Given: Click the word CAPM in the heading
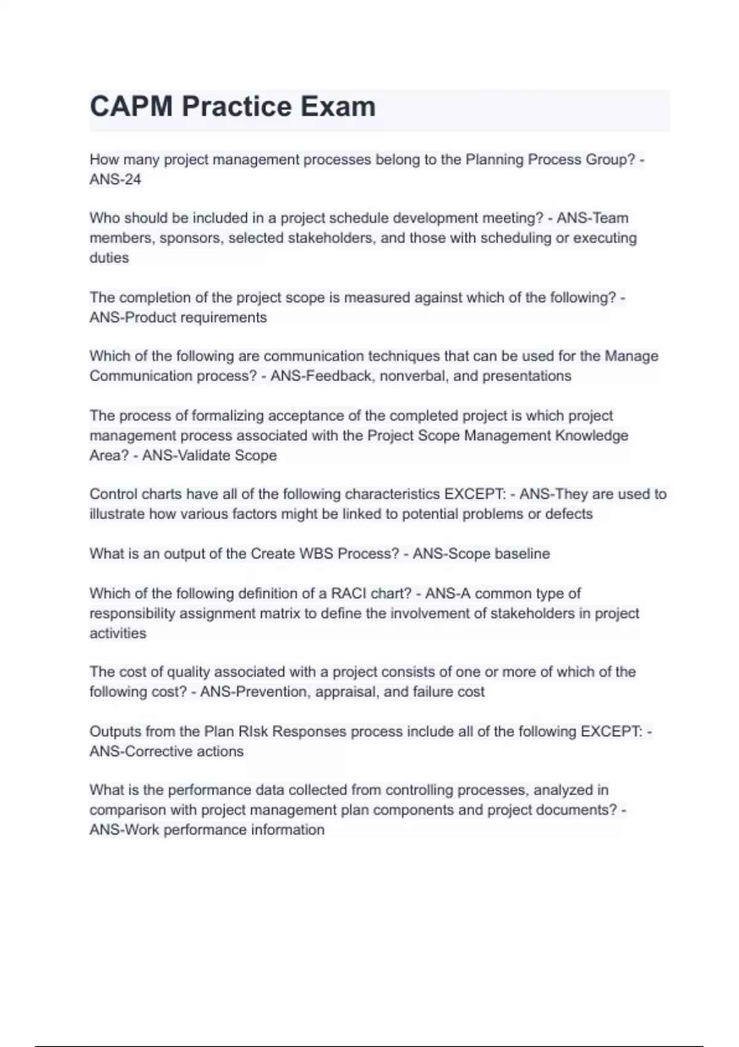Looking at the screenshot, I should [x=131, y=107].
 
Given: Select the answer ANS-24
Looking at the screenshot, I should [x=115, y=179].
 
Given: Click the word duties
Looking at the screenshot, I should [x=109, y=257].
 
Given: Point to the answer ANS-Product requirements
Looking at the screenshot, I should [x=178, y=317].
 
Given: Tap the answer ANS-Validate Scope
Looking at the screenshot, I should [x=209, y=455].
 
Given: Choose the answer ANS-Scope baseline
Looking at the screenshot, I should [x=481, y=554].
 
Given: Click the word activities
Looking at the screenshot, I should [x=118, y=633].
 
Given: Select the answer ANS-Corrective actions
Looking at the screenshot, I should [x=166, y=751].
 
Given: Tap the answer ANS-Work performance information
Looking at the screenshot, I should [x=207, y=830].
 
